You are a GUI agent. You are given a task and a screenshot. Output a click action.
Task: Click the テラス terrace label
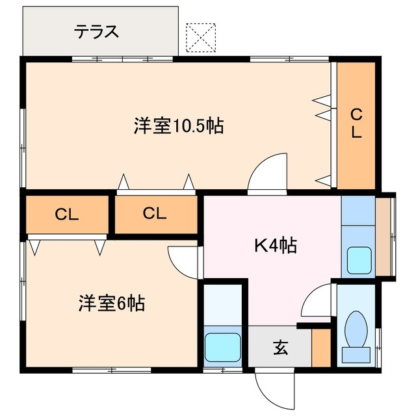point(96,32)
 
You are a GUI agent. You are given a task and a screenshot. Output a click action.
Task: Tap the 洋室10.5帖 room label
point(179,125)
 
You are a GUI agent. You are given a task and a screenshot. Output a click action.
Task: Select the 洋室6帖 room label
point(112,303)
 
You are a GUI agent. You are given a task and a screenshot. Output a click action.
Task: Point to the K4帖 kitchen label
point(275,246)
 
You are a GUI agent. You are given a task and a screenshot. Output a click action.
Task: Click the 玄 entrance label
point(280,348)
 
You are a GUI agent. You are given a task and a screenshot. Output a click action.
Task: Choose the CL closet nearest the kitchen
point(155,213)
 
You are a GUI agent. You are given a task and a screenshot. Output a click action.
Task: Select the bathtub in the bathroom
point(223,348)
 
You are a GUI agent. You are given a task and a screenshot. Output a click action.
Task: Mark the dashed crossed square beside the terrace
point(200,37)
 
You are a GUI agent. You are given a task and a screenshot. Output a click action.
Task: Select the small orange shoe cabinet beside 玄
point(320,348)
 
